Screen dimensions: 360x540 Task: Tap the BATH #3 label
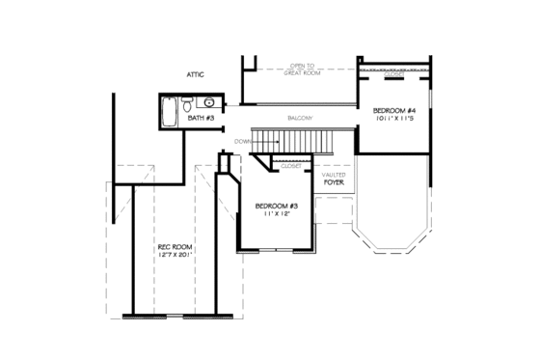coord(201,118)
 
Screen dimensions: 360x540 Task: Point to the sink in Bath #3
coord(209,102)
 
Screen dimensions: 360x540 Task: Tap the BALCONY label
coord(299,118)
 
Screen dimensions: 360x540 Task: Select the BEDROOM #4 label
coord(395,111)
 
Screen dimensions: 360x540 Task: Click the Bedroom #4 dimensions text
coord(395,120)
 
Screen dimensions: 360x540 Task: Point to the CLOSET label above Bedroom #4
coord(393,73)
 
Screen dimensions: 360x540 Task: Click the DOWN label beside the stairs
coord(242,141)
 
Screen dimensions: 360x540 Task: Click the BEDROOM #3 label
coord(277,207)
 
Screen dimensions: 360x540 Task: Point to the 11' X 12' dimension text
coord(277,214)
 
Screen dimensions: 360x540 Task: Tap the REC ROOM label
coord(175,248)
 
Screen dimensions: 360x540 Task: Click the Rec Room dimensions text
coord(175,257)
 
